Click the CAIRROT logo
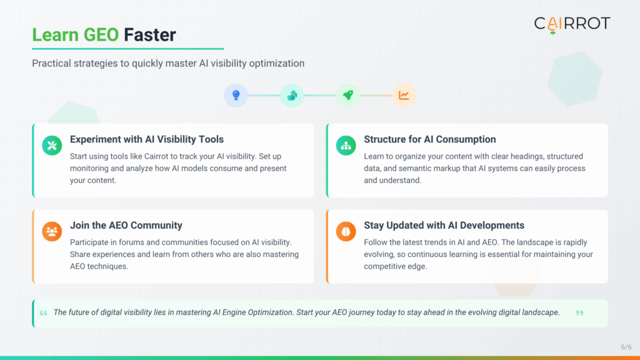coord(571,24)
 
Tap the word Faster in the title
coord(150,34)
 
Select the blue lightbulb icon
coord(236,96)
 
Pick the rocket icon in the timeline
coord(347,96)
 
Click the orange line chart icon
coord(404,96)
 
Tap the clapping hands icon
coord(292,96)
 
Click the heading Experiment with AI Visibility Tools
coord(147,139)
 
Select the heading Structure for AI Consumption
coord(430,139)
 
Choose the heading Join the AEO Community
coord(126,226)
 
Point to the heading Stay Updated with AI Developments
coord(444,226)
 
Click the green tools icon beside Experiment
coord(52,146)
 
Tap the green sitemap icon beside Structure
coord(346,146)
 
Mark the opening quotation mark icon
coord(43,313)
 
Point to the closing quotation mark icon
coord(579,313)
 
